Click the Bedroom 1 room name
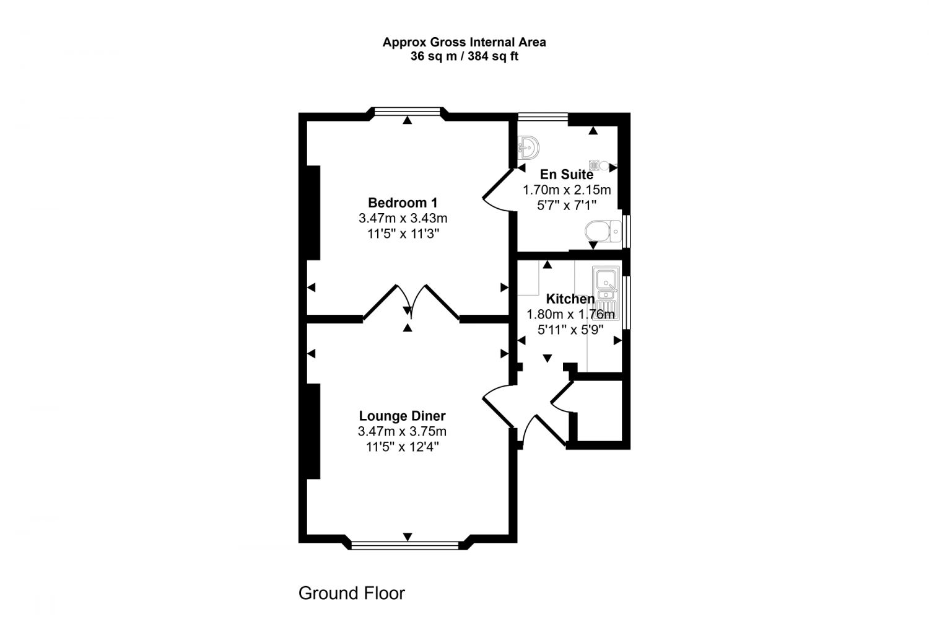pos(403,203)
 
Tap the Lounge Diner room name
pos(403,416)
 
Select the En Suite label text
pos(566,174)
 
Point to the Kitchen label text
pos(570,299)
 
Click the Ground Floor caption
pos(351,593)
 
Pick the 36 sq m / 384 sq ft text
pos(464,56)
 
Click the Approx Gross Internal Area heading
pos(464,42)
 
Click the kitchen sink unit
pos(606,291)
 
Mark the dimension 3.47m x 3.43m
pos(403,218)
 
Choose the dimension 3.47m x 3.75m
pos(403,432)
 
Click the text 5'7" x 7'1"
pos(566,205)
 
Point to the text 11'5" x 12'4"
pos(403,446)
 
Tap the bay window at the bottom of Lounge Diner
pos(406,545)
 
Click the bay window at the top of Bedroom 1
pos(406,112)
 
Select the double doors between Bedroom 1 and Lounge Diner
pos(410,304)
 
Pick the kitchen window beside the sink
pos(626,302)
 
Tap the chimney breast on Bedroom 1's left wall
pos(313,212)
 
